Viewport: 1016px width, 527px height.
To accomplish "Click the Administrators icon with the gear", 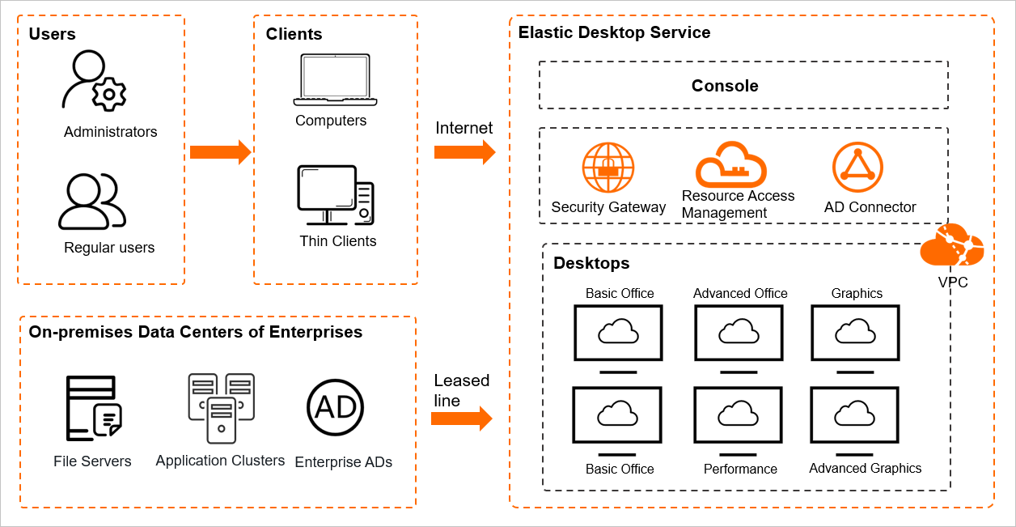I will point(94,82).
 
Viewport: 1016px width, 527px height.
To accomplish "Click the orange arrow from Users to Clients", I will point(220,151).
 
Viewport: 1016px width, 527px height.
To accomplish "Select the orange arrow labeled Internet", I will point(464,151).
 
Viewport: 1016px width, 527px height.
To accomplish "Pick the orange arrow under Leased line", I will point(461,418).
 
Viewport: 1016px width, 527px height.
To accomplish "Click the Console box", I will point(743,85).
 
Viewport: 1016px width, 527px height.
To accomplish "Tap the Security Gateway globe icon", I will point(608,168).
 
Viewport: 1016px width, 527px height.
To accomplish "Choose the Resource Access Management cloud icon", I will point(730,164).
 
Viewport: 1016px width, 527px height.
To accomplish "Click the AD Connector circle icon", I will point(857,168).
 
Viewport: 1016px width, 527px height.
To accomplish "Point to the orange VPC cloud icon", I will point(952,246).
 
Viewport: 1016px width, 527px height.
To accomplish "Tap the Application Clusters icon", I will point(221,408).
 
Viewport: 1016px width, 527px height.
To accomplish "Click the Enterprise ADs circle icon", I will point(336,406).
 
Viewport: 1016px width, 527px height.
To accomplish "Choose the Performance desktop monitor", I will point(738,415).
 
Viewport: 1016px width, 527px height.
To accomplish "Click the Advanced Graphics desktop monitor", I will point(855,415).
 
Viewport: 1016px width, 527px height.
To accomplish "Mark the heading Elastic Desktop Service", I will point(614,33).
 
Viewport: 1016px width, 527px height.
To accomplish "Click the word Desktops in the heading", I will point(591,263).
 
